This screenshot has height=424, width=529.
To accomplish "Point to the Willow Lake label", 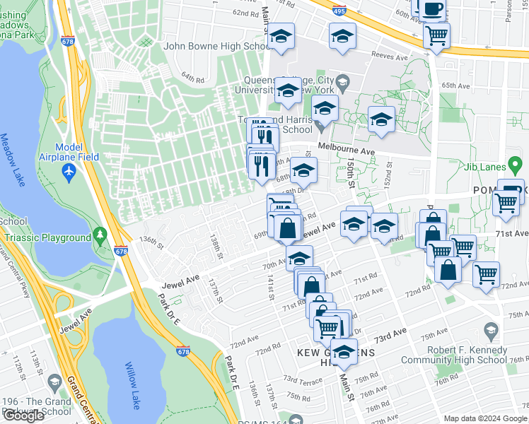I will (132, 385).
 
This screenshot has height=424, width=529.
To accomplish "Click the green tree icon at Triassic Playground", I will (100, 233).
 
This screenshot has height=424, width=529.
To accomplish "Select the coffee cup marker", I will (433, 9).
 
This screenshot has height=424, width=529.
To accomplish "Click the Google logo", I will (23, 416).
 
